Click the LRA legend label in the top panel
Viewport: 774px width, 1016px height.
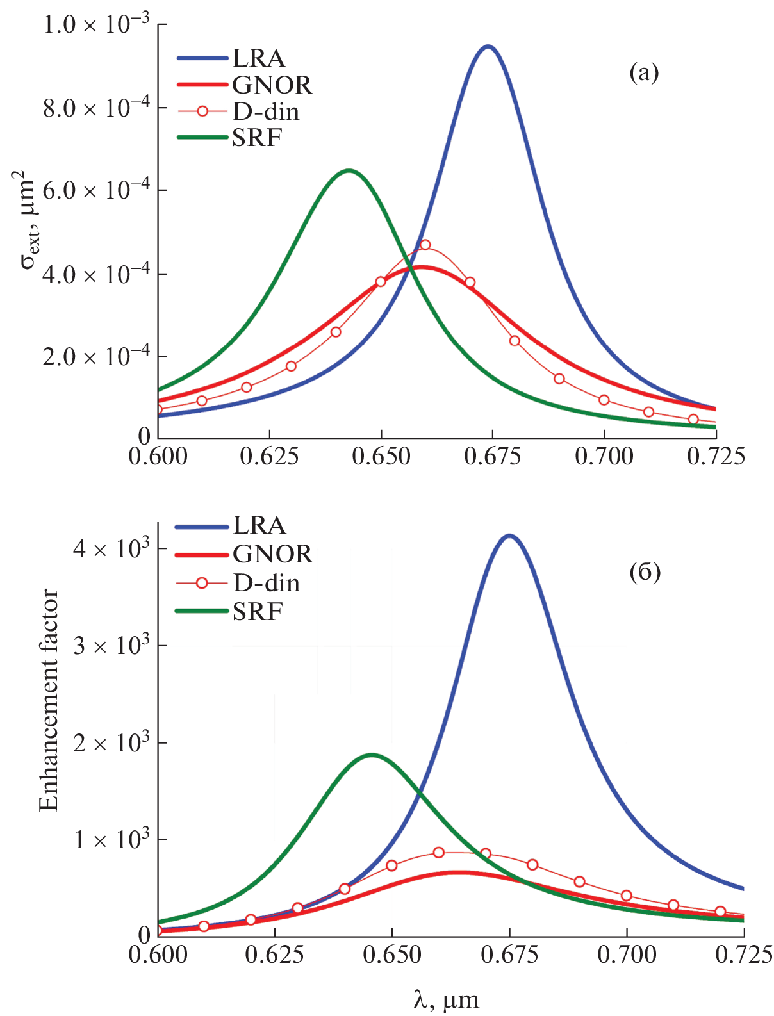(x=258, y=58)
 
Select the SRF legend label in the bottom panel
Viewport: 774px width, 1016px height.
(x=258, y=612)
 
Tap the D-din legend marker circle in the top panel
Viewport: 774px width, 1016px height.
(x=202, y=111)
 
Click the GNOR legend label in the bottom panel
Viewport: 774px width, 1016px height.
(x=273, y=554)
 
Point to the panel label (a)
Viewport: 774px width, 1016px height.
(x=644, y=72)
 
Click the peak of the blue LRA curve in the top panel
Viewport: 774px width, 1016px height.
(x=488, y=46)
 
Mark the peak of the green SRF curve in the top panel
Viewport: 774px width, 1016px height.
(x=349, y=170)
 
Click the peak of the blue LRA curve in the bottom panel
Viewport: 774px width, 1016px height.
(x=509, y=535)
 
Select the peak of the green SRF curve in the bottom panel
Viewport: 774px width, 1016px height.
(x=372, y=755)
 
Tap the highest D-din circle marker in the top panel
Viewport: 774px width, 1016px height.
(x=425, y=245)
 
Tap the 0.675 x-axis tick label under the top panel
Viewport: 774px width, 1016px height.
(x=493, y=457)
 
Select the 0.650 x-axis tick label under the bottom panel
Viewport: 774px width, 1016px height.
(x=392, y=955)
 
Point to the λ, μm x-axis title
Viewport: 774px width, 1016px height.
(x=446, y=999)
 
